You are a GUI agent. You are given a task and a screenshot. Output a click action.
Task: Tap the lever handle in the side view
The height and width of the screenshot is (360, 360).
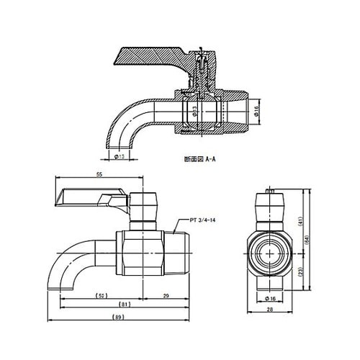pyautogui.click(x=90, y=196)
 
